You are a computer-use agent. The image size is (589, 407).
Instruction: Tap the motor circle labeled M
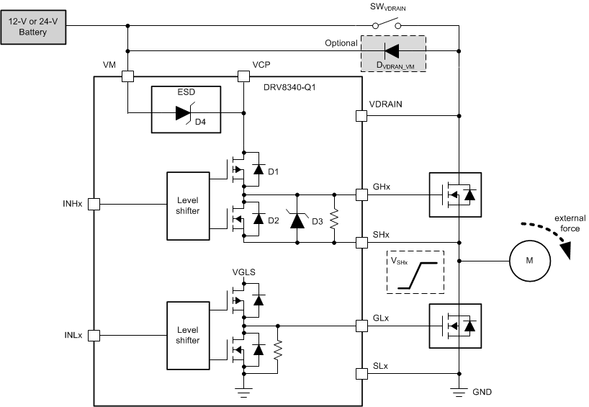coord(529,260)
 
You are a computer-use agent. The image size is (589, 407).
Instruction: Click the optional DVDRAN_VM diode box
coord(392,52)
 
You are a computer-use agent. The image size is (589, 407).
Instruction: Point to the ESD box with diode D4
coord(186,109)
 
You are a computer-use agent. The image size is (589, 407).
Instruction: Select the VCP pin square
coord(243,75)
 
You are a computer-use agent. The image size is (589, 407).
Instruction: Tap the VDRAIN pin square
coord(361,115)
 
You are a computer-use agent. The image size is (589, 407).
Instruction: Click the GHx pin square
coord(361,194)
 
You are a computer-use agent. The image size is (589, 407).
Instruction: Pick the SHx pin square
coord(361,242)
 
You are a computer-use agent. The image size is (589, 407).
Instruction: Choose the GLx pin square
coord(361,326)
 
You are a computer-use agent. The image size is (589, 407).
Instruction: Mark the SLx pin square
coord(361,373)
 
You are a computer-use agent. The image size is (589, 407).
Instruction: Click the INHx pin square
coord(94,205)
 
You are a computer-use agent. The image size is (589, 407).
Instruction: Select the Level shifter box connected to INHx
coord(187,205)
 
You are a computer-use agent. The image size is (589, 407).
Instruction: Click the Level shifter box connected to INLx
coord(187,335)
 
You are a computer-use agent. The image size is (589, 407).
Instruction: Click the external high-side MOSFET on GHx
coord(454,194)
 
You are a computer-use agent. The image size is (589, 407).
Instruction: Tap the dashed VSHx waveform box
coord(415,272)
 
